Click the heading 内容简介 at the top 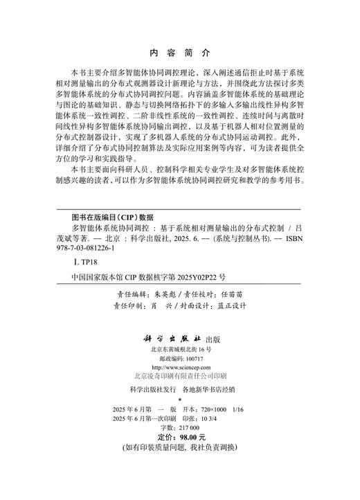pyautogui.click(x=179, y=52)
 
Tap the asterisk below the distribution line pyautogui.click(x=179, y=400)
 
